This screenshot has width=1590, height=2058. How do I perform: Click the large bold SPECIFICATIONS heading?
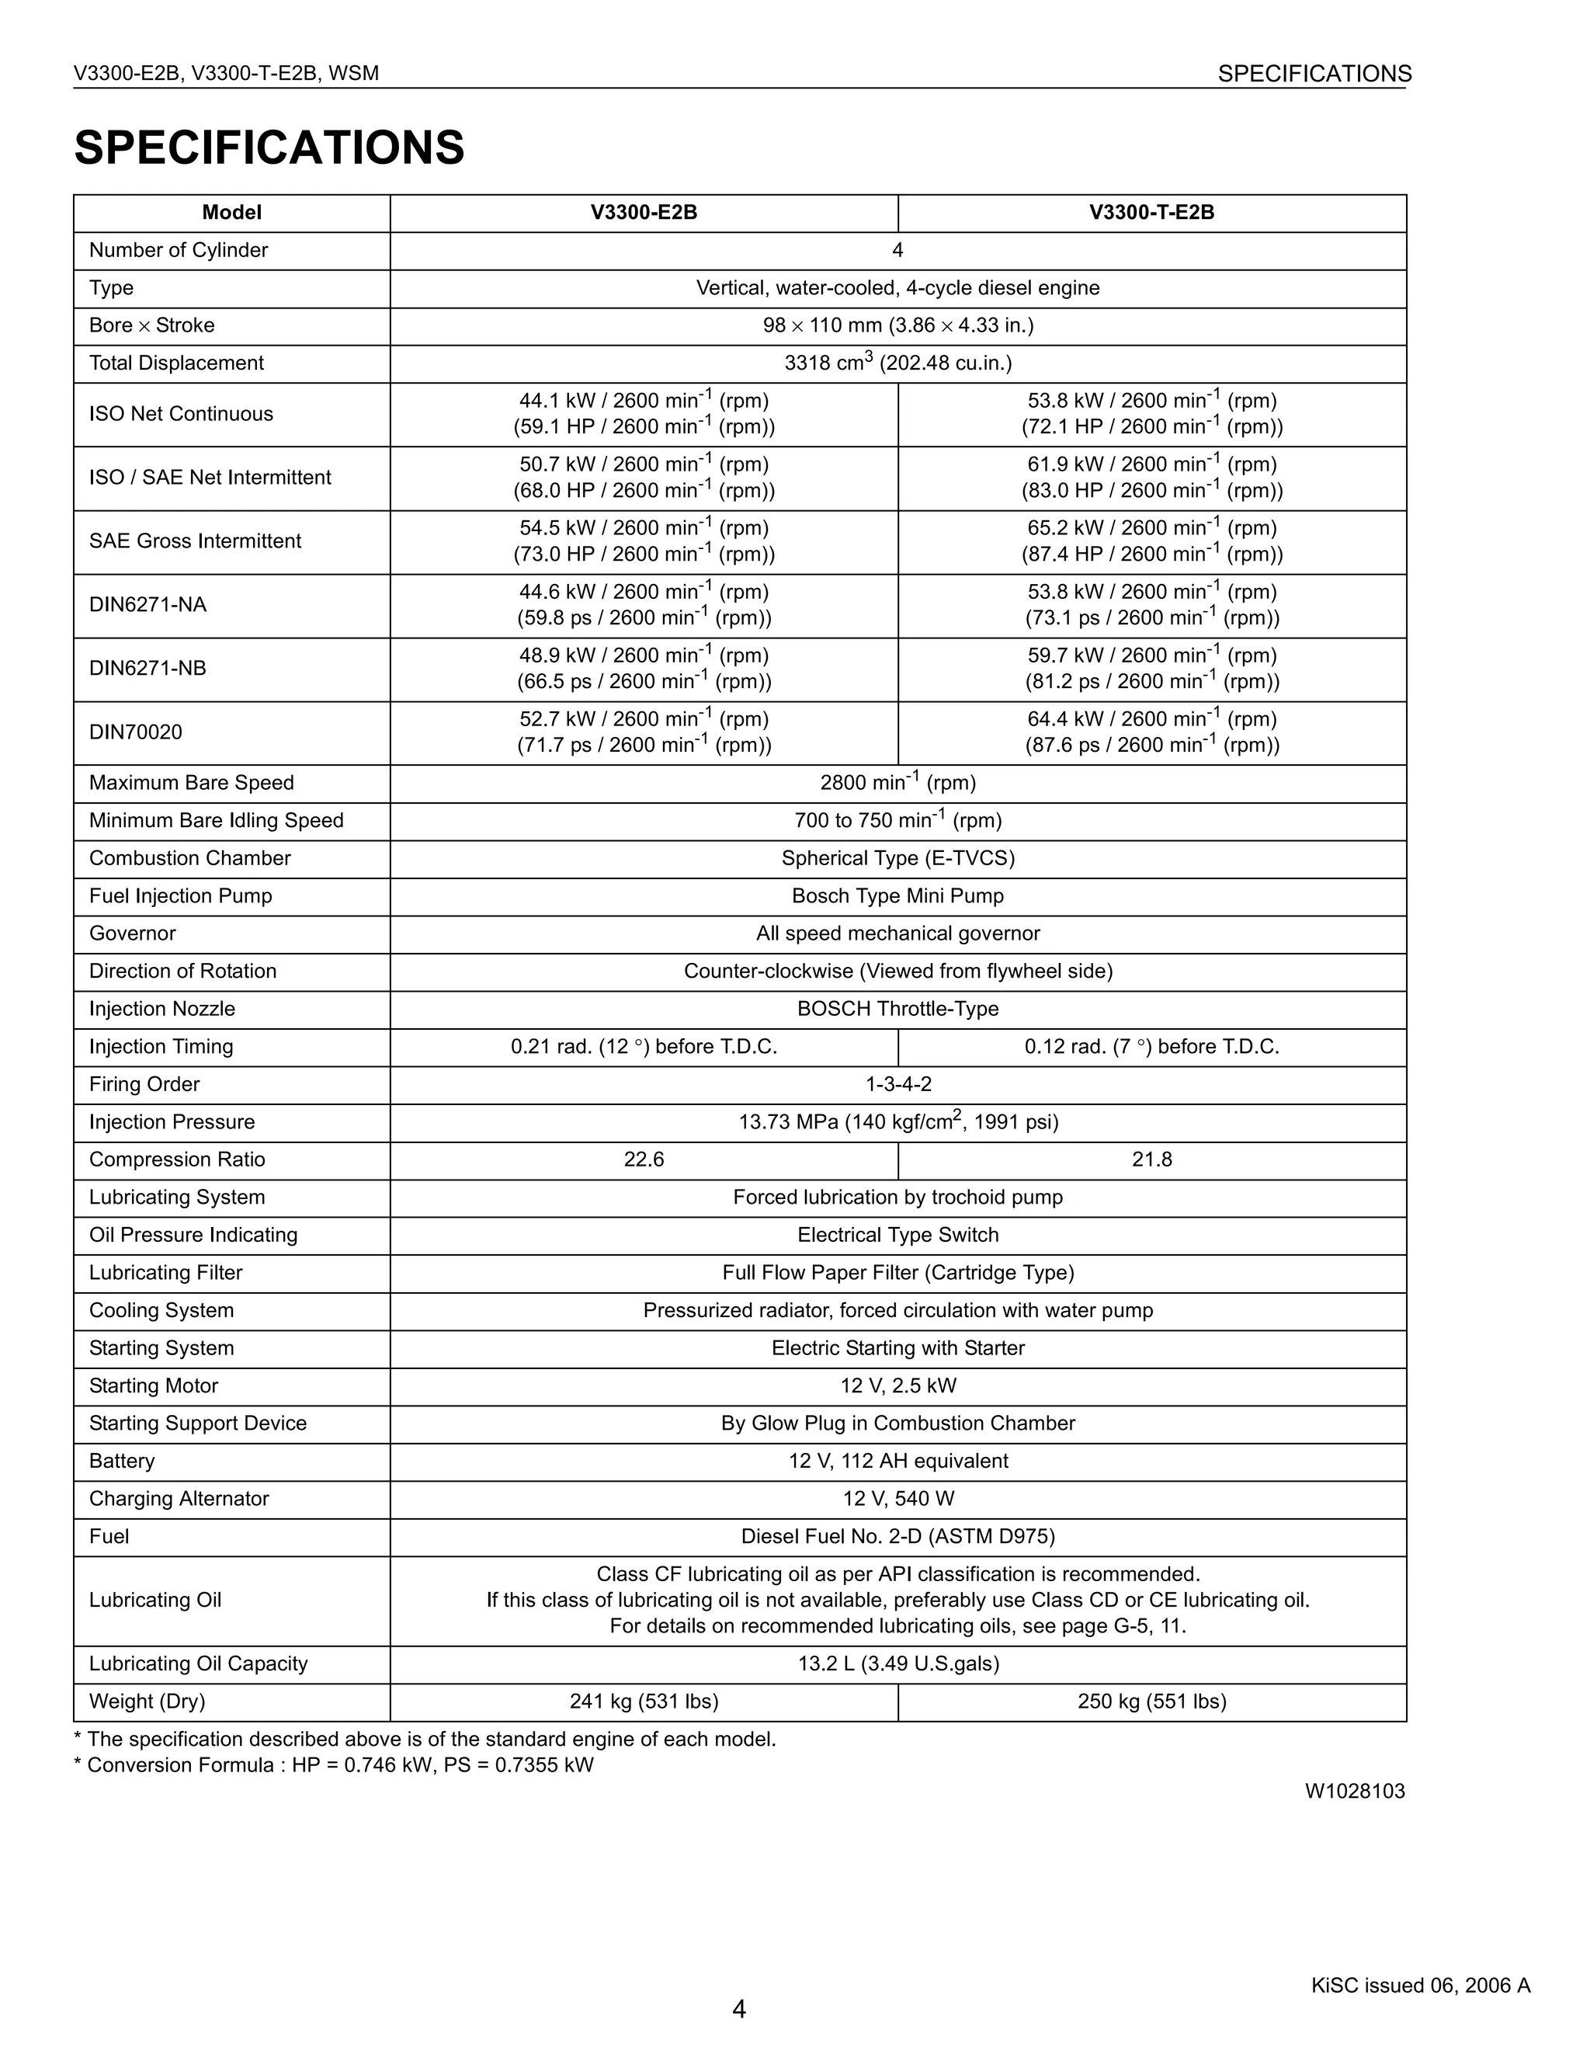[269, 148]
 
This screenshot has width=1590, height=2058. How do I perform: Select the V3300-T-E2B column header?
[1151, 213]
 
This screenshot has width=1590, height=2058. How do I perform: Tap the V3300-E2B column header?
[644, 213]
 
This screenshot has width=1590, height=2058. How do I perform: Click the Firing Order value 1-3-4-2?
[897, 1085]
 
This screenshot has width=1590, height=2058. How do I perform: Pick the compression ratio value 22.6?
[644, 1160]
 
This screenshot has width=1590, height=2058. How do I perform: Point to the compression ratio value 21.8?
[1151, 1160]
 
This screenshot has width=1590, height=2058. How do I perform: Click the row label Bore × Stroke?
[151, 326]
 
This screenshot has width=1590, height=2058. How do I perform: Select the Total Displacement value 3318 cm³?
[897, 363]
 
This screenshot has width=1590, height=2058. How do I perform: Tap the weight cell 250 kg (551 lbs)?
[1151, 1702]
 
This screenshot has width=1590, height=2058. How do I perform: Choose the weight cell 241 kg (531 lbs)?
[644, 1702]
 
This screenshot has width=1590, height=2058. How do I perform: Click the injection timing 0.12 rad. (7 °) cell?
[1151, 1047]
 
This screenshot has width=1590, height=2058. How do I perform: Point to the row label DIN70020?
[136, 733]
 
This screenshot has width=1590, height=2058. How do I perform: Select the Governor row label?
[133, 933]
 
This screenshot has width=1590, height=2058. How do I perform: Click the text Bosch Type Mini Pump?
[897, 896]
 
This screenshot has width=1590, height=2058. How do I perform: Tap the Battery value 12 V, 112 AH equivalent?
[897, 1462]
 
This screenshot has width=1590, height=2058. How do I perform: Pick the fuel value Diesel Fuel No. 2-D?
[897, 1537]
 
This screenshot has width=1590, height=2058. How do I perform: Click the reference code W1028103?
[1353, 1792]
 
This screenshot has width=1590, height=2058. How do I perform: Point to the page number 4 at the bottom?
[738, 2010]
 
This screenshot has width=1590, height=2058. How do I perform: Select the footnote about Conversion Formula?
[335, 1765]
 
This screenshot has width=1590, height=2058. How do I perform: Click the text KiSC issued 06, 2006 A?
[1419, 1986]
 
